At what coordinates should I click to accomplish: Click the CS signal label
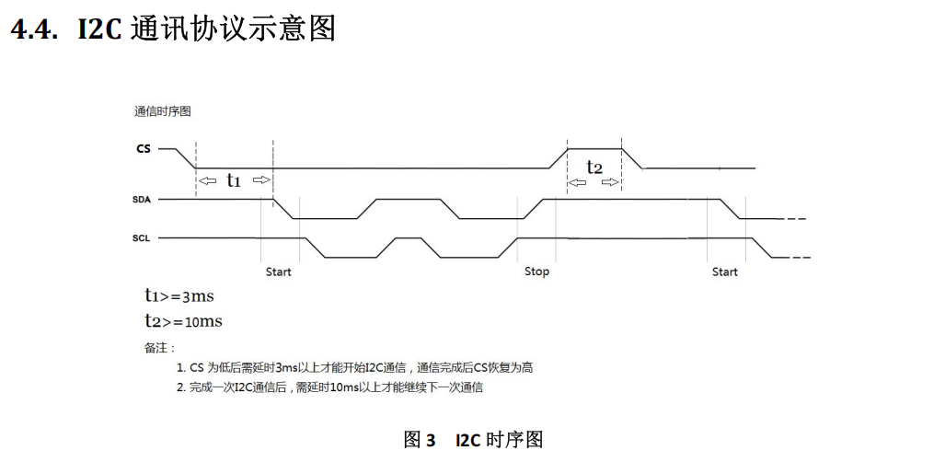(143, 147)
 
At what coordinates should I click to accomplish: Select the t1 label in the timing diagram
(234, 180)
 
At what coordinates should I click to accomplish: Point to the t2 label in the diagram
(594, 167)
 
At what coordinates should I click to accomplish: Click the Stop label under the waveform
(536, 271)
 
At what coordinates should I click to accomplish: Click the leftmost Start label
(279, 271)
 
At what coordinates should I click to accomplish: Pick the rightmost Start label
(725, 271)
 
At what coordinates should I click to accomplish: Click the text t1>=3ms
(179, 296)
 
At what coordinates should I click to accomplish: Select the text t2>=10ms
(183, 321)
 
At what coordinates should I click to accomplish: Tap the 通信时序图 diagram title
(163, 111)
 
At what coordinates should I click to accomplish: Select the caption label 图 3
(420, 440)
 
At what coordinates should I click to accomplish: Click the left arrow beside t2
(577, 182)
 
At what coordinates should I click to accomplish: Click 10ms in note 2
(342, 387)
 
